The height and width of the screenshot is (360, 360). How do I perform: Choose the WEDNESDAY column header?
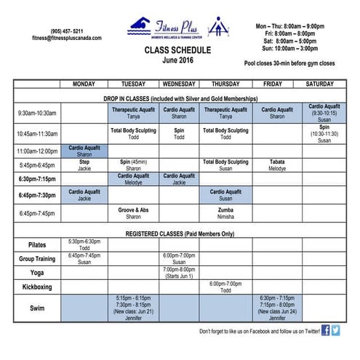[179, 84]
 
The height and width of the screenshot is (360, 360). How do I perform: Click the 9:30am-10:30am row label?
[38, 113]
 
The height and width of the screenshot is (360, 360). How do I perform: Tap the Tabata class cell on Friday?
[277, 165]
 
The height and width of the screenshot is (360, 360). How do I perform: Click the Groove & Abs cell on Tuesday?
[133, 213]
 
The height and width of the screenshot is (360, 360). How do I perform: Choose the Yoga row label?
[37, 272]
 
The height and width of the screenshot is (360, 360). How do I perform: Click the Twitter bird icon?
[336, 330]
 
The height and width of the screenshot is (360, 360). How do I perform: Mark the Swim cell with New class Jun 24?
[277, 308]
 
